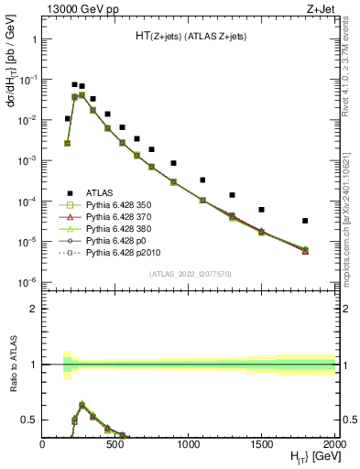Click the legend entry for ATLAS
(99, 192)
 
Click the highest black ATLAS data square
(74, 84)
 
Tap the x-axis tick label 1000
(189, 444)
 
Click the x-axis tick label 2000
(333, 444)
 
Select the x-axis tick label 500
(115, 444)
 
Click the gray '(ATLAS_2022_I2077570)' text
(189, 274)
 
